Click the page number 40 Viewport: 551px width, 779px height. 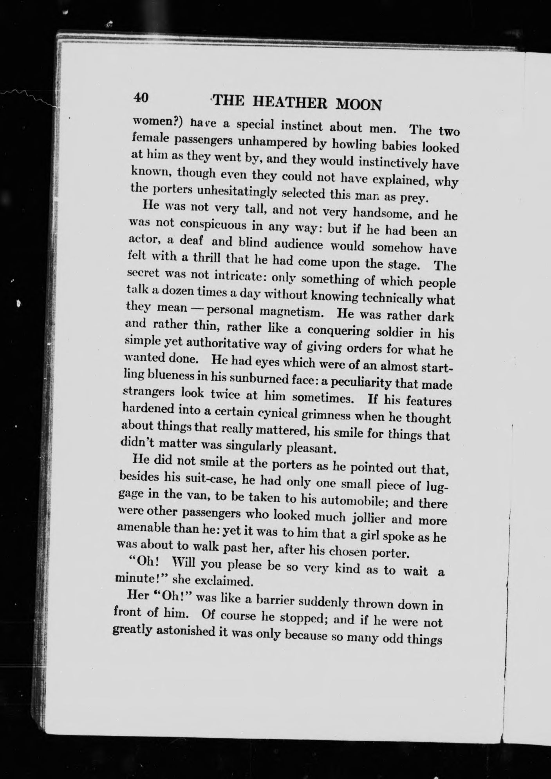coord(141,97)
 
